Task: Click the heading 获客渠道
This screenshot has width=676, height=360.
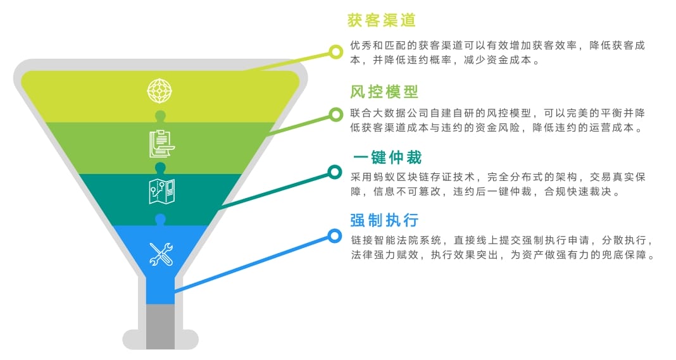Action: pos(382,20)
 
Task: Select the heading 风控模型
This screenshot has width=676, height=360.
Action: pos(384,91)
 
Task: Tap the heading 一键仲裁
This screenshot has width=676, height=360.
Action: pos(387,158)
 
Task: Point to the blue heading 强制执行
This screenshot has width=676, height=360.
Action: pos(384,220)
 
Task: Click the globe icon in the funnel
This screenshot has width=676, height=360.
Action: pos(160,90)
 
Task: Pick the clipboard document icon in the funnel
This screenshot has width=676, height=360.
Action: pos(161,144)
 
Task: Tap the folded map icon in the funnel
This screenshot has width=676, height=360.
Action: pos(161,192)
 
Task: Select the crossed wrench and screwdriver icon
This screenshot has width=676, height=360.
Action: pos(161,254)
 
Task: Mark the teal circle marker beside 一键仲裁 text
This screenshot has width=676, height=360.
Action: pos(335,172)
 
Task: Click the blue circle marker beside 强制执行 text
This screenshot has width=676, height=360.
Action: pos(335,236)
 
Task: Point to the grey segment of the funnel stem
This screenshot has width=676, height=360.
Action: pos(160,327)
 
